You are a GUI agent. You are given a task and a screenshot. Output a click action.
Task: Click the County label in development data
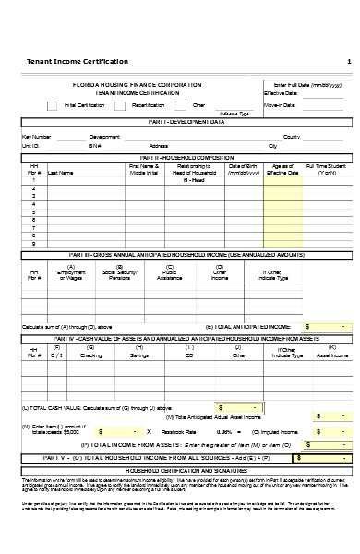291,137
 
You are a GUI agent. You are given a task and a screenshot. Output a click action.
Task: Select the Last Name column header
61,172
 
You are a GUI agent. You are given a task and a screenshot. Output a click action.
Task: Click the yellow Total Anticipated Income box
327,326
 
